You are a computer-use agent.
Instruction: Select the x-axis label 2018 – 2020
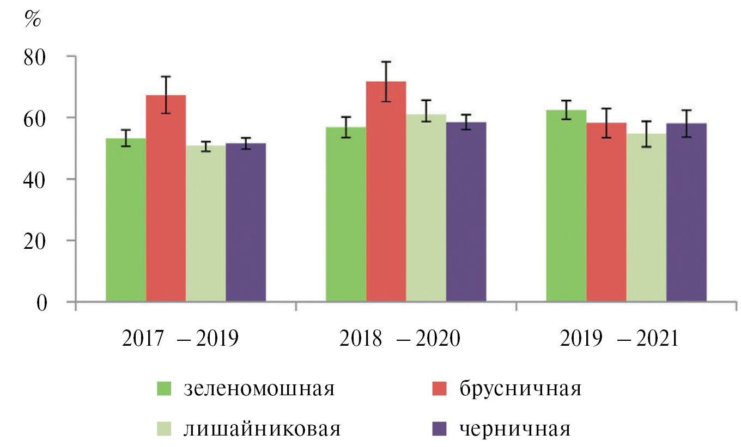[x=400, y=339]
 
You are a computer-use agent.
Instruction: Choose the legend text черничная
[x=515, y=429]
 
